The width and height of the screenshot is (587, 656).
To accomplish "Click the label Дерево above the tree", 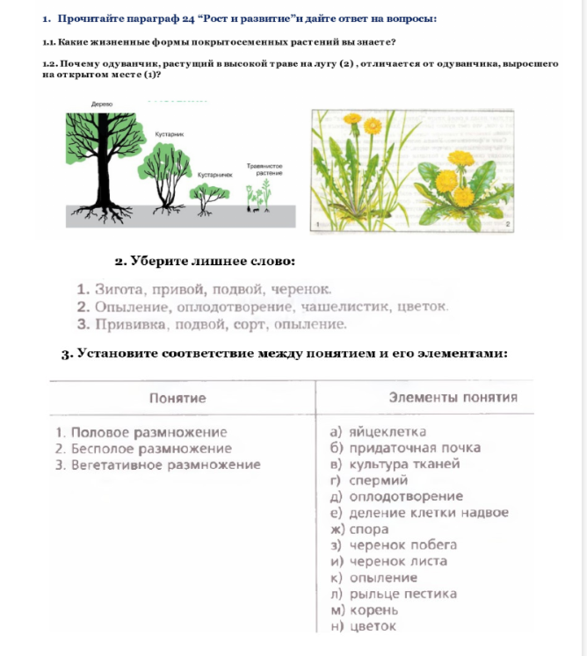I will [x=102, y=104].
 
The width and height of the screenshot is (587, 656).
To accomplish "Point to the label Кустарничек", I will [x=214, y=175].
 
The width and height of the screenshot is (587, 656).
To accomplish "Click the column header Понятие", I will [x=178, y=398].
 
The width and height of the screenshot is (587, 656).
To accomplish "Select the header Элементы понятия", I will [x=453, y=397].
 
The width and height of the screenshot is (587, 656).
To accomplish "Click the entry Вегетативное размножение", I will [x=157, y=465].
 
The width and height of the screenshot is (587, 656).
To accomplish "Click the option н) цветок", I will [x=362, y=626].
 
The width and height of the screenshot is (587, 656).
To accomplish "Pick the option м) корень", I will [x=364, y=610].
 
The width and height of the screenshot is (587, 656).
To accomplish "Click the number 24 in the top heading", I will [x=185, y=18].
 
